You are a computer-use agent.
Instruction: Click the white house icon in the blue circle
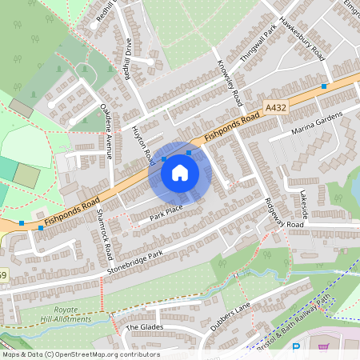tap(180, 172)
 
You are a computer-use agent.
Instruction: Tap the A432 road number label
tap(275, 106)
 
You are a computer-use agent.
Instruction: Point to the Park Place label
tap(166, 213)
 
